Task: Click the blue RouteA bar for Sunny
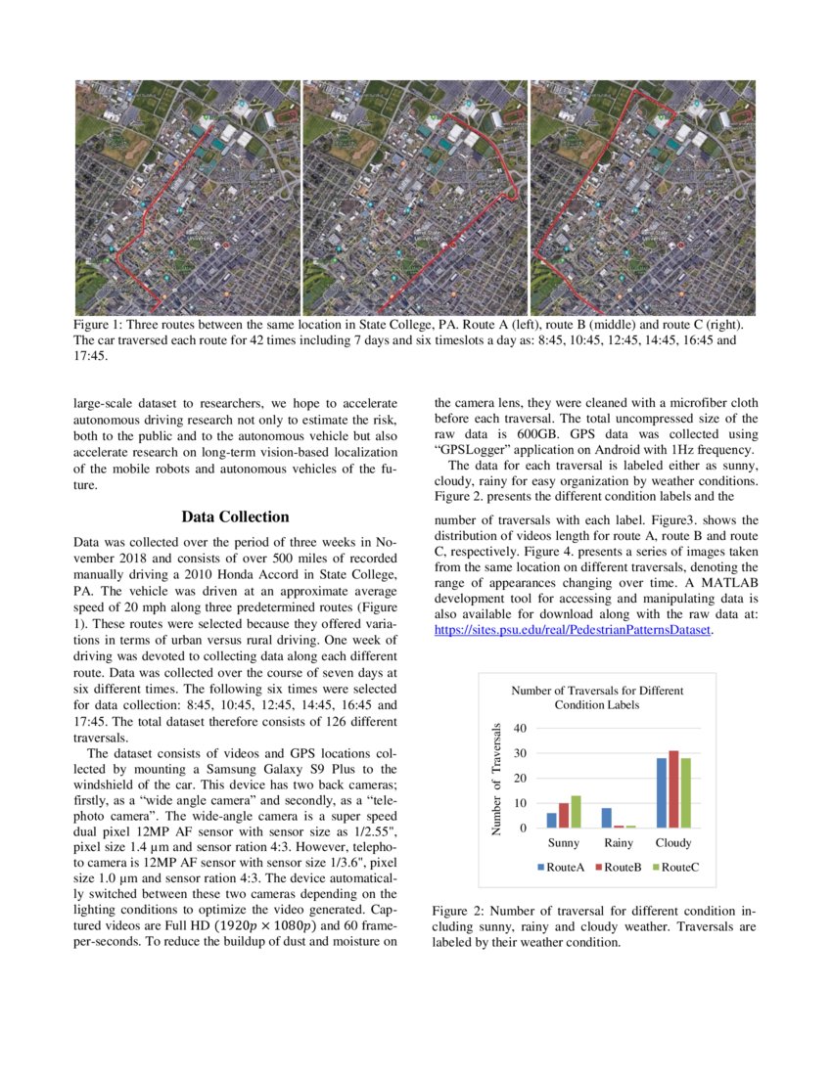click(x=551, y=820)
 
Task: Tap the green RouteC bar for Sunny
click(x=576, y=811)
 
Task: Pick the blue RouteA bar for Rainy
click(x=606, y=817)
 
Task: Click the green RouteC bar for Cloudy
click(x=684, y=792)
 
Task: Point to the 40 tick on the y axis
click(x=519, y=728)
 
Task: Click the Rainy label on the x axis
click(x=619, y=842)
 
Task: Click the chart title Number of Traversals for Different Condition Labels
click(x=597, y=697)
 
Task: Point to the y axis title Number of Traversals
click(x=496, y=779)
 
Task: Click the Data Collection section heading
click(x=235, y=516)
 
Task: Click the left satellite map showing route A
click(x=188, y=197)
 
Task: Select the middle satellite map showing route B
click(x=415, y=197)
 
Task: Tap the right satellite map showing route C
click(x=642, y=197)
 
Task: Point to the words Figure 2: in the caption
click(x=458, y=911)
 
